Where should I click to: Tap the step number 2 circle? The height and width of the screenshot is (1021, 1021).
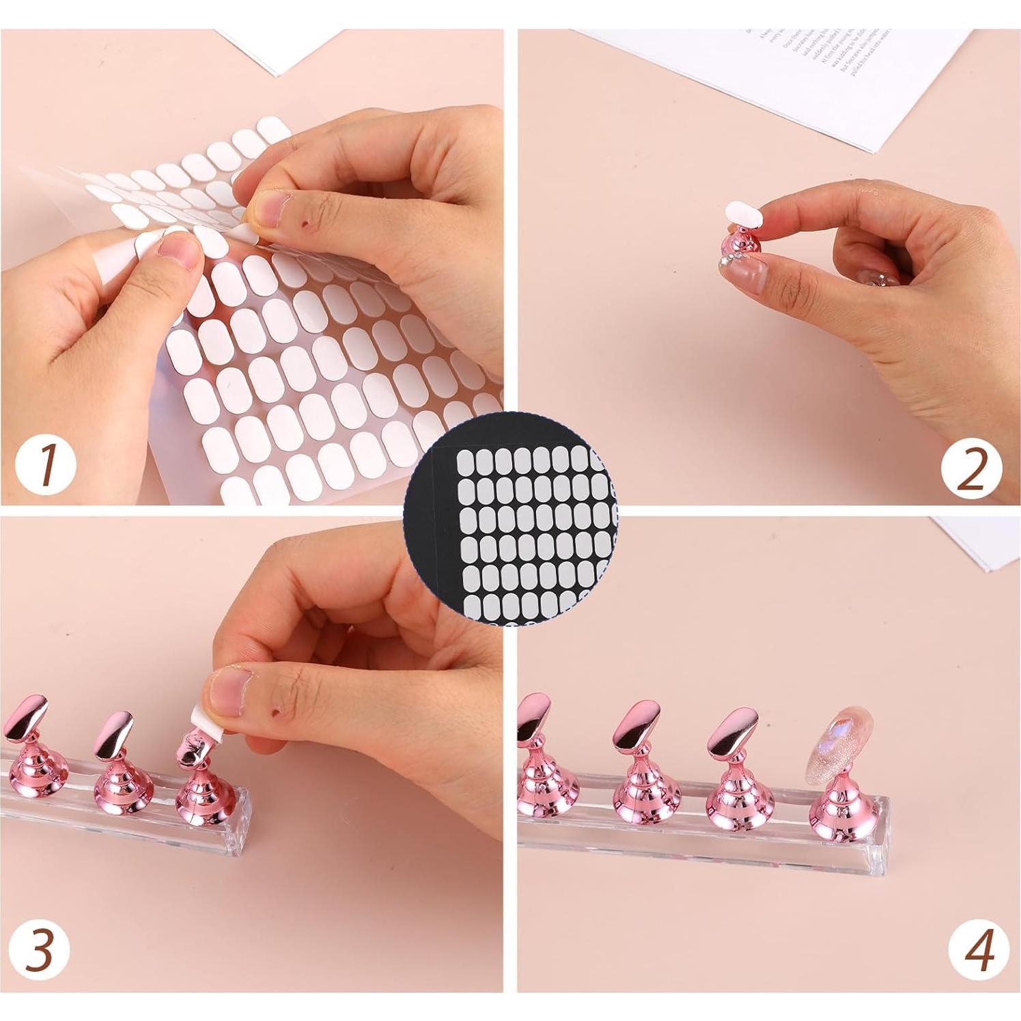click(x=971, y=470)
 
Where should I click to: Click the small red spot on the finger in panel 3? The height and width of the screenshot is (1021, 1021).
click(x=276, y=714)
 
